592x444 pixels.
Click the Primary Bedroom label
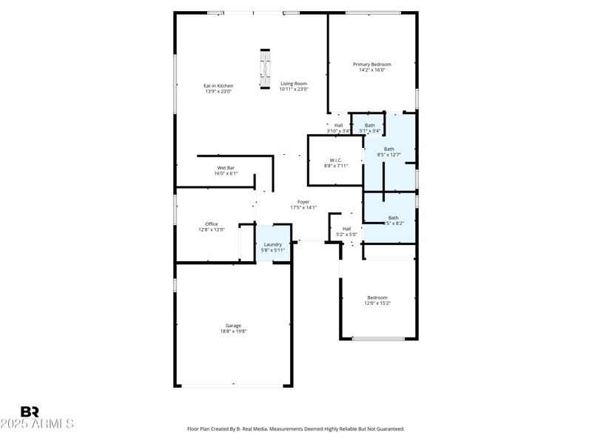click(371, 64)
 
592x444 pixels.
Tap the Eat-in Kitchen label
click(218, 85)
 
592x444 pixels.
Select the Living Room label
click(293, 84)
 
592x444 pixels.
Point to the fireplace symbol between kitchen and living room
click(264, 69)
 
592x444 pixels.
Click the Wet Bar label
click(226, 168)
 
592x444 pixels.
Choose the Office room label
click(211, 224)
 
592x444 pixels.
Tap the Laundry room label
click(272, 244)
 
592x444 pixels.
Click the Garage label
click(233, 326)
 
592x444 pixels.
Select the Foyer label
click(303, 202)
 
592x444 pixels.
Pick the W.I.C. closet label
click(335, 160)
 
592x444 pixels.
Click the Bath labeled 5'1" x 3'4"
click(369, 125)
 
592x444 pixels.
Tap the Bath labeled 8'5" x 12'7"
click(388, 149)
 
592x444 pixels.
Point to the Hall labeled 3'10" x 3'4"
click(338, 125)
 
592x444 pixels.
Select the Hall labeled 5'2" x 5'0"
click(346, 229)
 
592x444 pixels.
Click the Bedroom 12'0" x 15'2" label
click(377, 297)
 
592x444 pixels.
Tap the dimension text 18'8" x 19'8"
click(233, 332)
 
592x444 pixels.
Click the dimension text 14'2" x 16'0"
click(371, 70)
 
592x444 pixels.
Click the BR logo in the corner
click(30, 411)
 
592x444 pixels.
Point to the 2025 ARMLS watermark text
click(37, 424)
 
